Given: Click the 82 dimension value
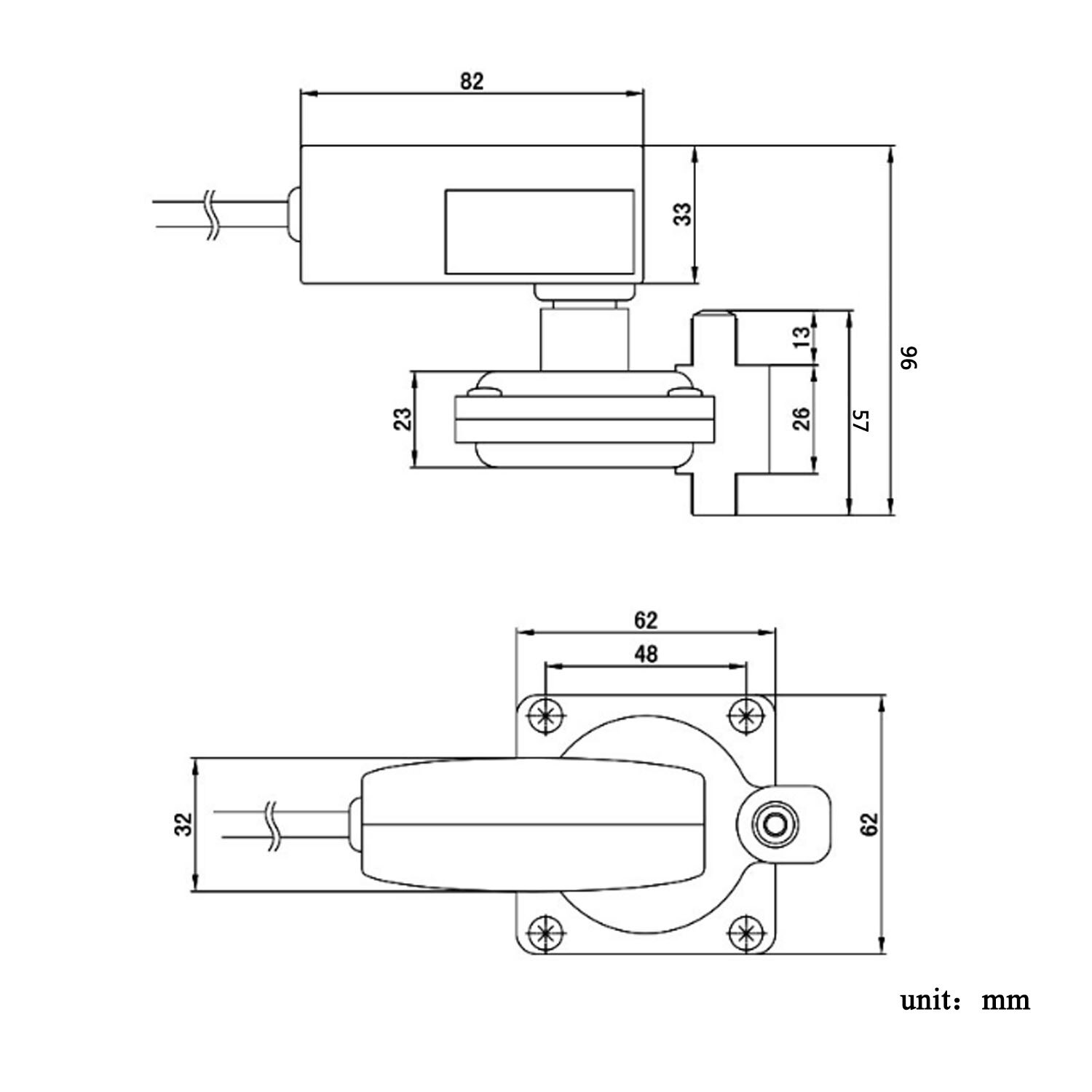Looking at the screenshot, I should (x=472, y=81).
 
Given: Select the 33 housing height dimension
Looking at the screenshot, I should (x=683, y=214).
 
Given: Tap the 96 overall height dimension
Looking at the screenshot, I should (x=910, y=357).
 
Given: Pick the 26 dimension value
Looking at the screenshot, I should (x=801, y=419).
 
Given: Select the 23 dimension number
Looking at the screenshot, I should (x=403, y=419).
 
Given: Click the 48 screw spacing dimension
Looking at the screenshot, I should (x=645, y=654).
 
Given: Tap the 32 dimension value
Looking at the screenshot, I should (x=186, y=823).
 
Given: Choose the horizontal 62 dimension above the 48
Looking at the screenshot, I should (x=645, y=620).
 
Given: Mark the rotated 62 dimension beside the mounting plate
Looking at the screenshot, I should (x=870, y=823).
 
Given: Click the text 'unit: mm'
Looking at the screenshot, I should (x=965, y=1000).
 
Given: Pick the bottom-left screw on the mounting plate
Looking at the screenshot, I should (x=545, y=932).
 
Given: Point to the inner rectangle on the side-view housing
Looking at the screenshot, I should (x=539, y=232).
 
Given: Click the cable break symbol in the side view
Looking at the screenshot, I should (x=211, y=215).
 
